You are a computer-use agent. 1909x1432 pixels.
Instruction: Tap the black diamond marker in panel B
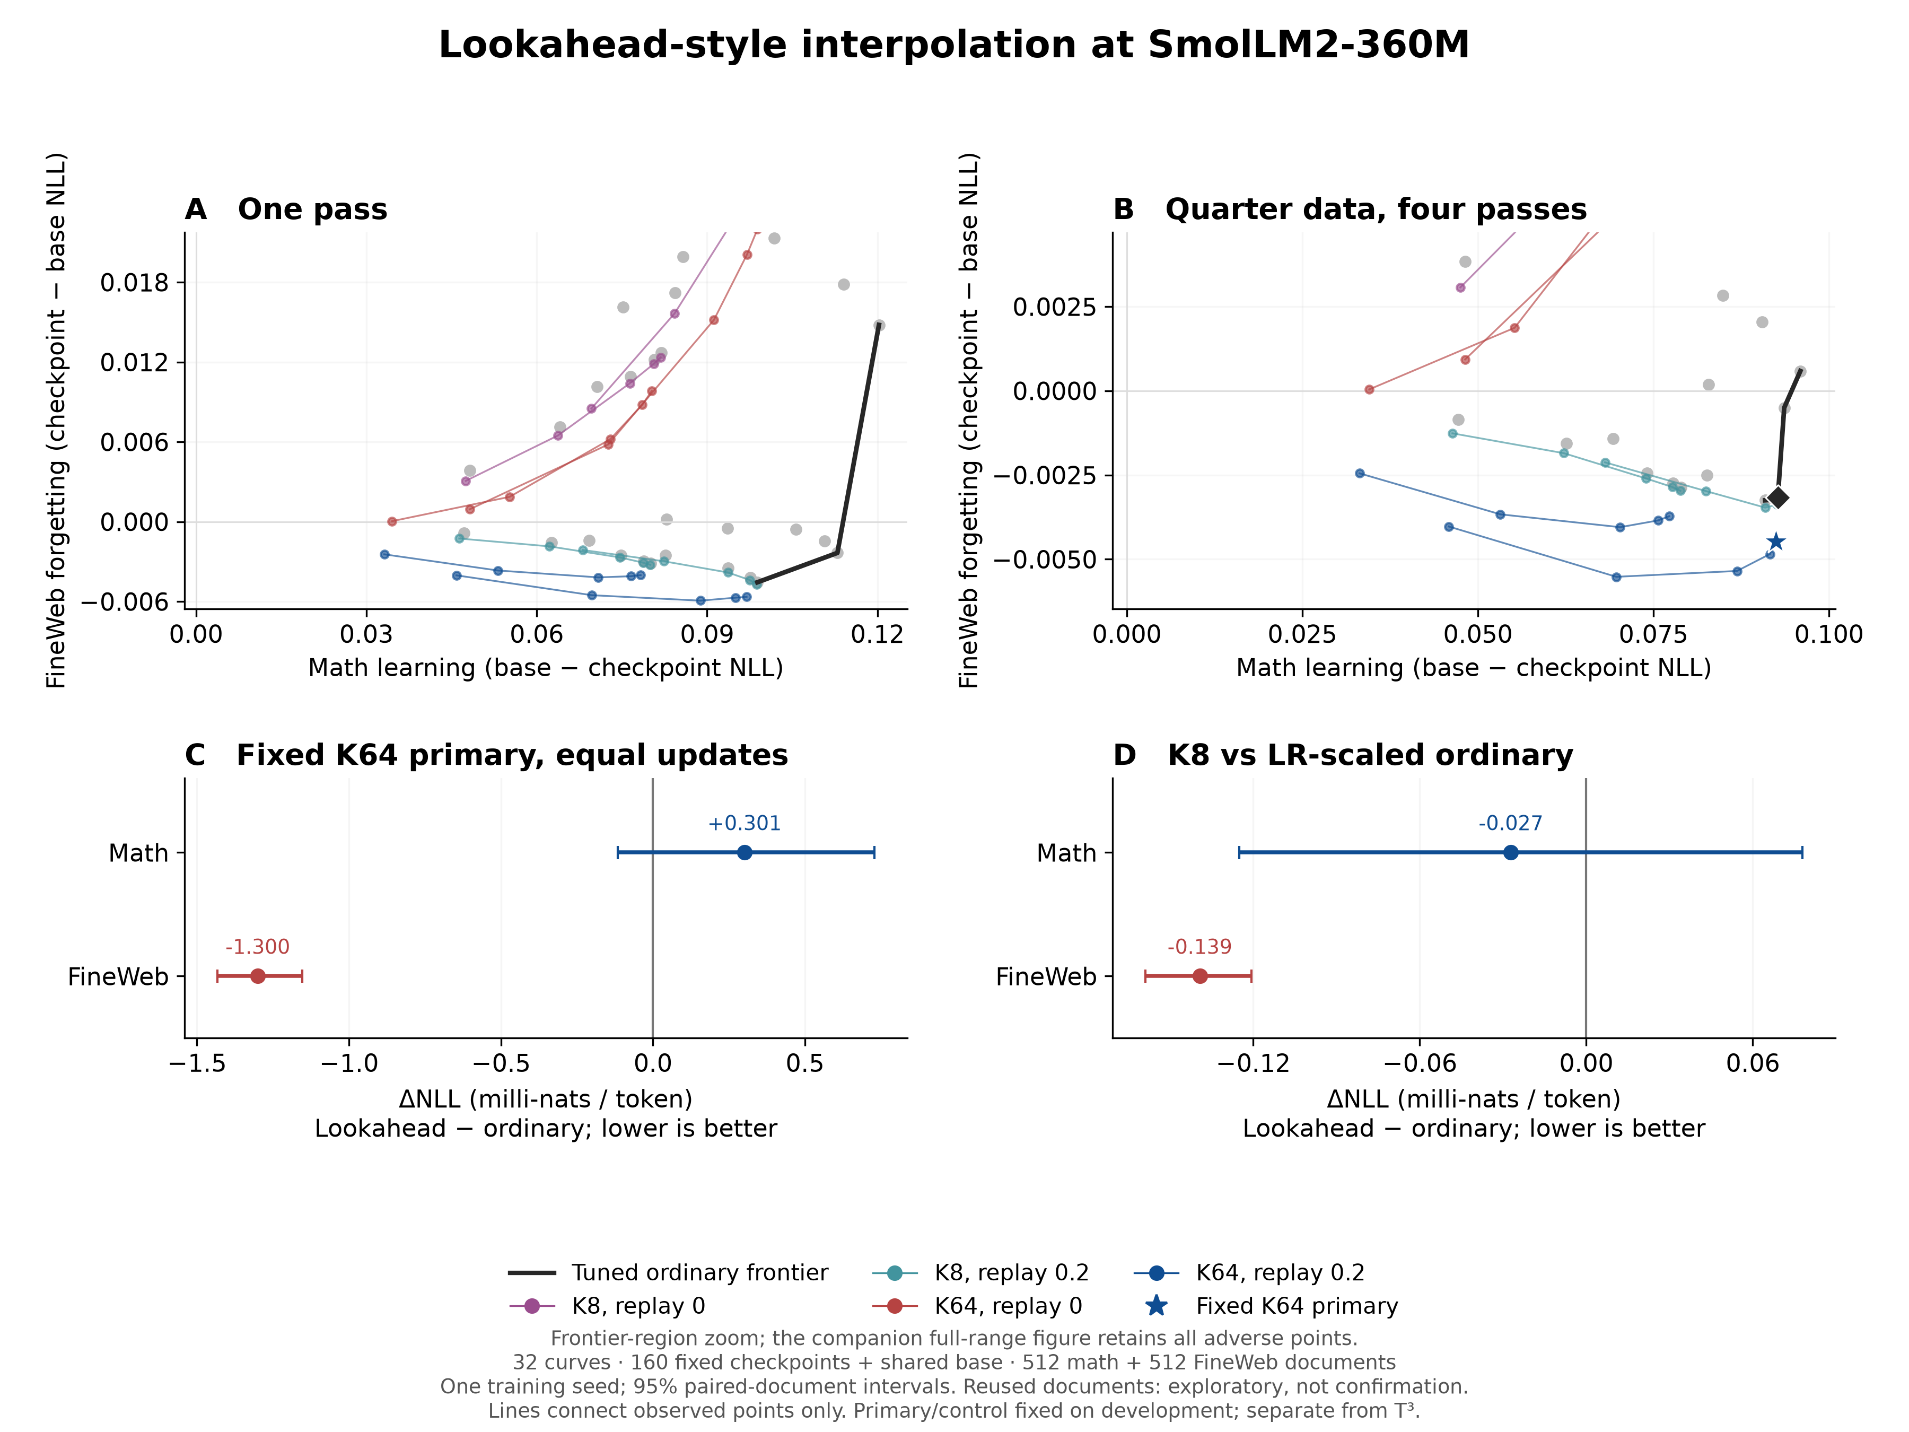coord(1778,497)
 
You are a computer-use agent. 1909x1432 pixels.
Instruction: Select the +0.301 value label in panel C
coord(744,824)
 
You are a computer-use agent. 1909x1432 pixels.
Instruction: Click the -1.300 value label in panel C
coord(257,947)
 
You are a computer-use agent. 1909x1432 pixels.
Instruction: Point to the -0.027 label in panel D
coord(1510,824)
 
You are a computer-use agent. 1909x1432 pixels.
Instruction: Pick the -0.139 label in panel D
coord(1199,947)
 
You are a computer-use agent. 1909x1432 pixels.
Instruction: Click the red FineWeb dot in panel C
coord(257,976)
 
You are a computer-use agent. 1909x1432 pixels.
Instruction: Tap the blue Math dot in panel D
coord(1510,853)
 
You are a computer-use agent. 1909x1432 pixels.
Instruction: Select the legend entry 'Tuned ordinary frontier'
coord(668,1273)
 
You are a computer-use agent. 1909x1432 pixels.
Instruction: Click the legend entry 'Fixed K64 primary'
coord(1271,1306)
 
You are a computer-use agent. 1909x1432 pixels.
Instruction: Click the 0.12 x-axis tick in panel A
coord(878,634)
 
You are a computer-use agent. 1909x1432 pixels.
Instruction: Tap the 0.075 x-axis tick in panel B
coord(1653,634)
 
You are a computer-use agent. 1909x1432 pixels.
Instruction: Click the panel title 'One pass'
coord(312,209)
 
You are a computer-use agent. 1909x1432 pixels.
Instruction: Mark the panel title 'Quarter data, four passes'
coord(1376,209)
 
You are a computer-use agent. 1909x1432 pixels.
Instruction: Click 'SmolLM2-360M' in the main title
coord(1308,45)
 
